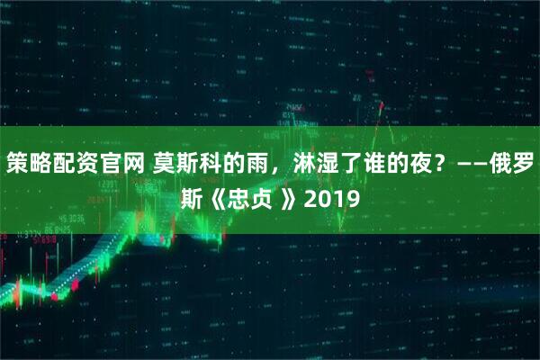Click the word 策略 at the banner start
tap(26, 164)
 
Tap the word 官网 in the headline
tap(113, 164)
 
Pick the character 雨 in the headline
tap(250, 164)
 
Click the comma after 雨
tap(269, 167)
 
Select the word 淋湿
tap(305, 164)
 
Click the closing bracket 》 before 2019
tap(287, 197)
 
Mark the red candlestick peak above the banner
tap(382, 106)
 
